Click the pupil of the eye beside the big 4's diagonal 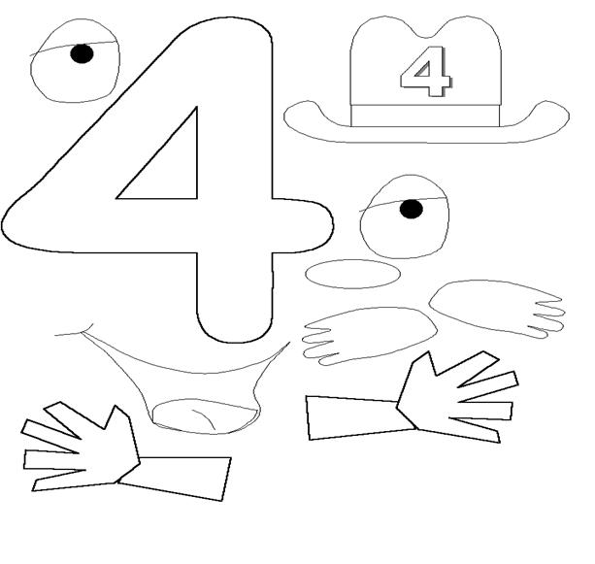pos(82,53)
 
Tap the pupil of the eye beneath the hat pos(412,209)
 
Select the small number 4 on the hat pos(426,72)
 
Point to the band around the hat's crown pos(425,116)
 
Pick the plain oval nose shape pos(353,274)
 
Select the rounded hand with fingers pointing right pos(497,308)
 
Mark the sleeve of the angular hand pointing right pos(358,416)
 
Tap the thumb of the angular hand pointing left pos(118,419)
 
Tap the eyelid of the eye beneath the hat pos(402,203)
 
